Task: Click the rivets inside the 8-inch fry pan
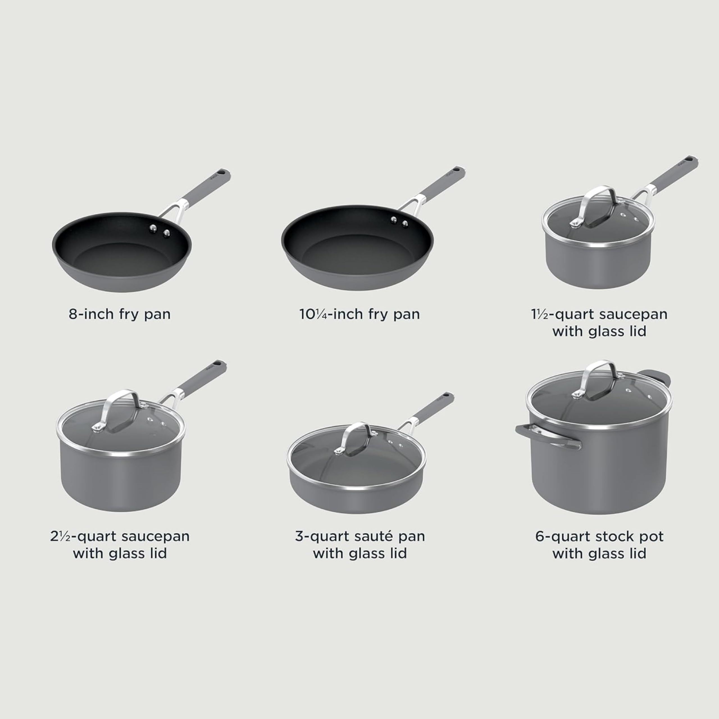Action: (x=159, y=230)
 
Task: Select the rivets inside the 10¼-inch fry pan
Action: (x=399, y=222)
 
